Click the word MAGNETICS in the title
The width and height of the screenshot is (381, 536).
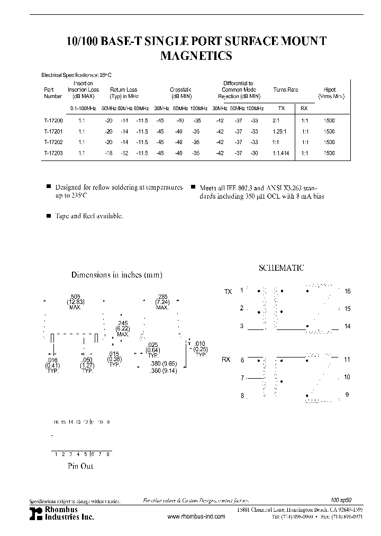tap(196, 56)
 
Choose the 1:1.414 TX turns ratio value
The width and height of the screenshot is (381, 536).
tap(281, 153)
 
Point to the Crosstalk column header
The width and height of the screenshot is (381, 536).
tap(180, 90)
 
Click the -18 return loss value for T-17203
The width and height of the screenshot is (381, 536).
tap(108, 153)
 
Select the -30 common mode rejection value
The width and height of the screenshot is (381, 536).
tap(255, 153)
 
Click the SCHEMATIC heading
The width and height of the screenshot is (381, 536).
tap(281, 268)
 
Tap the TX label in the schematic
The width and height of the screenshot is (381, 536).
tap(228, 292)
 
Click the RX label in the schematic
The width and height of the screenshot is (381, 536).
tap(226, 360)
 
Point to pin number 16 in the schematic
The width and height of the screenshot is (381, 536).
tap(347, 291)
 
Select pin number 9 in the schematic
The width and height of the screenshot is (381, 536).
tap(347, 395)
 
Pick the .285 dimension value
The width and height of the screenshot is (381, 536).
tap(162, 296)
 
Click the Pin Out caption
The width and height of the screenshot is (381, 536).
tap(81, 466)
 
